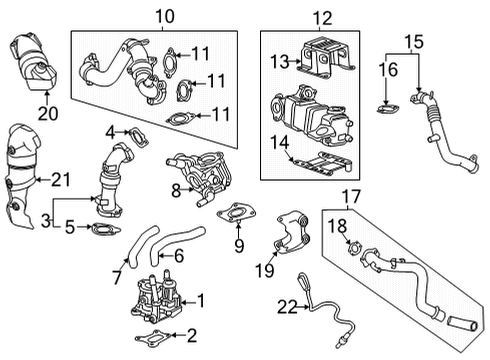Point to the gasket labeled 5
tap(104, 231)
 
